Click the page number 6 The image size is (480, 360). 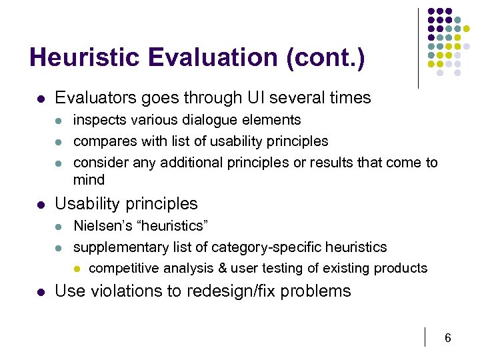tap(448, 338)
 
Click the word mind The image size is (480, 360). tap(89, 180)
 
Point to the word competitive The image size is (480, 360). tap(121, 269)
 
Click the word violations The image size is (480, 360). tap(122, 291)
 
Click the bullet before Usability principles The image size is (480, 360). tap(41, 204)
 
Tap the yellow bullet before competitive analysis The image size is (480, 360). tap(76, 269)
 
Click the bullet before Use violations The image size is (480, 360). tap(41, 291)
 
